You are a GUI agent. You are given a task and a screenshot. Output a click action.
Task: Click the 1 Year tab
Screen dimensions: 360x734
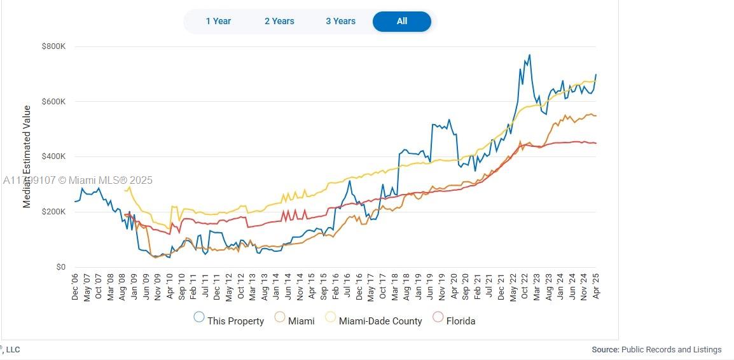pos(218,21)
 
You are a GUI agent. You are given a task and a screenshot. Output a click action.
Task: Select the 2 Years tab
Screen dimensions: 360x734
pos(279,21)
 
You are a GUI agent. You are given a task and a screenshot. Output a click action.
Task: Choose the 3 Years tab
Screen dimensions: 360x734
pos(340,21)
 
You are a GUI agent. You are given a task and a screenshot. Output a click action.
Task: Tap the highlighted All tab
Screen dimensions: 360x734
pos(401,21)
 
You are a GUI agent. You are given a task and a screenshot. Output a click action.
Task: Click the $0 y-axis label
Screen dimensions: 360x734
pos(60,267)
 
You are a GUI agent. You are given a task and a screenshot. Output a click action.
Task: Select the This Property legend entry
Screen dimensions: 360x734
pos(229,321)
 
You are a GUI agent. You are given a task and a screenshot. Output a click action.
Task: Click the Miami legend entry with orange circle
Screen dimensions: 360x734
pos(294,321)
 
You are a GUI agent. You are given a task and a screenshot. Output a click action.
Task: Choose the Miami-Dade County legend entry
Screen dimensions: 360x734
pos(374,321)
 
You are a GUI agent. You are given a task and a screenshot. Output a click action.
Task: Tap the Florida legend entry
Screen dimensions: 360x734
pos(454,321)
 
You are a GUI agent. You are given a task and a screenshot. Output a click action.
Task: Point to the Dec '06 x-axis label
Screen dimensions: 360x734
pos(75,286)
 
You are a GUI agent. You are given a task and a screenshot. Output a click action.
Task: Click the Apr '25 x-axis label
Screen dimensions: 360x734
pos(597,286)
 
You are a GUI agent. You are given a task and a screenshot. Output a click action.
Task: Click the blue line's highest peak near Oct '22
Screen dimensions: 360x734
pos(529,55)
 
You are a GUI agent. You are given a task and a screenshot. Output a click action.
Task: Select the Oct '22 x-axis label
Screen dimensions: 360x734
pos(525,286)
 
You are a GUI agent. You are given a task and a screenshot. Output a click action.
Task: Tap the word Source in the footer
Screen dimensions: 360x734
pos(604,349)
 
